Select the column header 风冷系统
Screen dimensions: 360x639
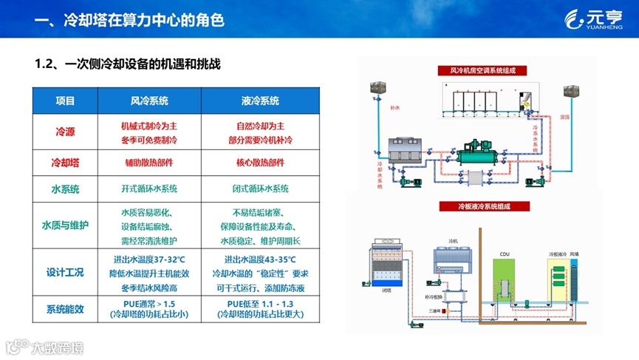click(x=149, y=101)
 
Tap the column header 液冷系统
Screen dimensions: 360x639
click(x=260, y=101)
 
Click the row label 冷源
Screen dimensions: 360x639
click(x=66, y=132)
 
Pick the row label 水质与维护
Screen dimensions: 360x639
click(x=66, y=225)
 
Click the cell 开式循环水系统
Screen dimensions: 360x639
click(x=149, y=189)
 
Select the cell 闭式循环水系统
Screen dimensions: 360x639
click(x=260, y=189)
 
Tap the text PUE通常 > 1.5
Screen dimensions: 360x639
click(x=149, y=303)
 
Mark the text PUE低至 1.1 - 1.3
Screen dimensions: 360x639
click(x=260, y=303)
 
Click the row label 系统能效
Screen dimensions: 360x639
click(x=66, y=308)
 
